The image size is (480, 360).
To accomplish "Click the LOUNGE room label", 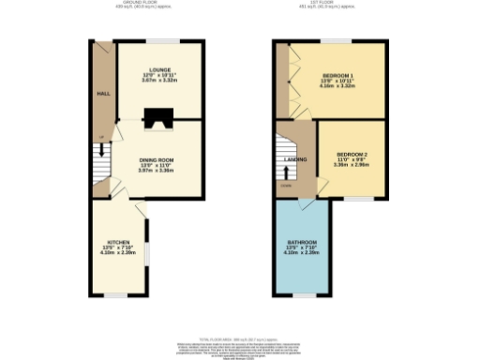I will pos(157,68).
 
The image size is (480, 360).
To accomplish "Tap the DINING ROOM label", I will pos(157,159).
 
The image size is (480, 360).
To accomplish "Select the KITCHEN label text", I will pos(118,243).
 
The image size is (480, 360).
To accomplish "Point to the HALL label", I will pos(102,94).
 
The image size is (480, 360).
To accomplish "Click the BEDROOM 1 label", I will pos(337,75).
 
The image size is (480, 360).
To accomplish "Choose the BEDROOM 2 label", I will pos(352,154).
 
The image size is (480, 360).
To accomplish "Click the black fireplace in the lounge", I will pos(156,117).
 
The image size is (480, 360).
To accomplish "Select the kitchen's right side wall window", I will pos(145,241).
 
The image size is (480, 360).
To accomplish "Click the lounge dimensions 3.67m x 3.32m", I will pos(157,81).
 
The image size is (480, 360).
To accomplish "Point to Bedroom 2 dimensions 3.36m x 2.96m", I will pos(352,166).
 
